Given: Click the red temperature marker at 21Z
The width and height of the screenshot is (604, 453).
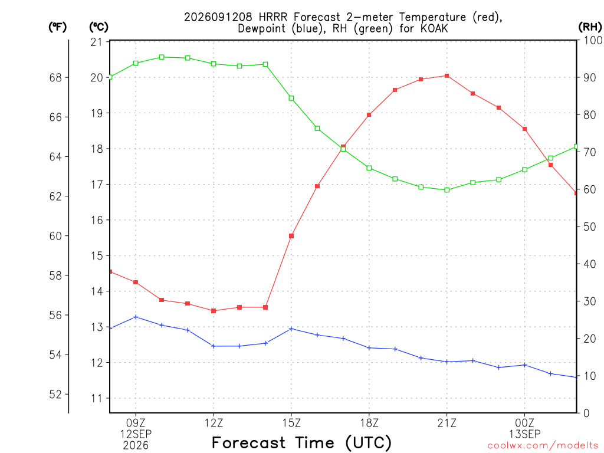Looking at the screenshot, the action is click(447, 76).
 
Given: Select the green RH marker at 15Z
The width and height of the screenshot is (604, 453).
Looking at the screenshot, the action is click(291, 99).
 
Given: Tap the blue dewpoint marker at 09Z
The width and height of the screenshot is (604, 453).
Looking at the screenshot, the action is click(136, 317).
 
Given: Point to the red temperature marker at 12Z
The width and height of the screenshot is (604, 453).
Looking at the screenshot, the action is click(214, 311).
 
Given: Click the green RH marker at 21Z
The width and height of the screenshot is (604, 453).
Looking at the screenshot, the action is click(447, 190).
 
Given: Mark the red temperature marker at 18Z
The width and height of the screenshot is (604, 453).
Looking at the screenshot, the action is click(369, 115).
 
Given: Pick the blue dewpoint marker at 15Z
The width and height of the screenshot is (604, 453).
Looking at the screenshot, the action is click(291, 329).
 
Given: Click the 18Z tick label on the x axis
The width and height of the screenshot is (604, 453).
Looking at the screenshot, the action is click(369, 424).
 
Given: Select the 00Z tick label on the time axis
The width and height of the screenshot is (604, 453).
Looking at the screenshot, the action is click(524, 424).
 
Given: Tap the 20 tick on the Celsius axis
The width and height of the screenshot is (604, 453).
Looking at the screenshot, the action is click(97, 77).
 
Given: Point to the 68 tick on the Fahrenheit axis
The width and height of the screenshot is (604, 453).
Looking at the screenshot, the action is click(55, 77).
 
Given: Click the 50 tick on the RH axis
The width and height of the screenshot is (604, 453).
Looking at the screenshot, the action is click(589, 226).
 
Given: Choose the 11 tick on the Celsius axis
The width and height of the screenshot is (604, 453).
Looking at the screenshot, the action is click(97, 398).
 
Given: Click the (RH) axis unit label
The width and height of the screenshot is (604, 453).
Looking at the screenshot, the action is click(590, 27).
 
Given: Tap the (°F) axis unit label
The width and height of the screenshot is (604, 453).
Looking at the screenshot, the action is click(57, 27).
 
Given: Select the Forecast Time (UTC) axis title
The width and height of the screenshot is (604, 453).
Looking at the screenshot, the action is click(301, 443).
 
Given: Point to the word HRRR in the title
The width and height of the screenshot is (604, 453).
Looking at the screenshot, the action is click(273, 17).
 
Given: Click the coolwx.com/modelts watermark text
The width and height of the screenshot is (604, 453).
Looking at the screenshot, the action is click(543, 446).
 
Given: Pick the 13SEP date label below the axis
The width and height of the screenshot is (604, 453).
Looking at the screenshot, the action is click(524, 434).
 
